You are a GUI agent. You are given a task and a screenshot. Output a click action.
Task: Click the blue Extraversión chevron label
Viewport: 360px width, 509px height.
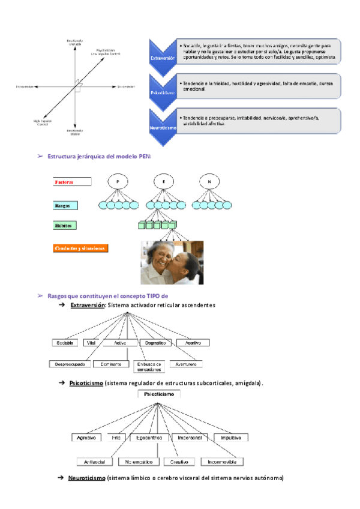(163, 58)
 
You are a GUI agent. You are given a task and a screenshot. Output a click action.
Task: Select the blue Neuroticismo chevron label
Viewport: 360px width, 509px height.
(163, 128)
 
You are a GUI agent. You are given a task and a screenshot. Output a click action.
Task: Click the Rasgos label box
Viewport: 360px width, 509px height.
(70, 205)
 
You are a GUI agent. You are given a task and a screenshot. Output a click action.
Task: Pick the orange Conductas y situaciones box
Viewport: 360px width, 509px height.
(80, 248)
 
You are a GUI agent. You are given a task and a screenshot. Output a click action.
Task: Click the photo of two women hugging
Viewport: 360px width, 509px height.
(172, 262)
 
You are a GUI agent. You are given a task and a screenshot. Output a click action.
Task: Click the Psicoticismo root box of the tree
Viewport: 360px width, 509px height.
(157, 394)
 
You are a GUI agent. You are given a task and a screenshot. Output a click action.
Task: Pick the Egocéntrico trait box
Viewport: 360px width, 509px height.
(148, 438)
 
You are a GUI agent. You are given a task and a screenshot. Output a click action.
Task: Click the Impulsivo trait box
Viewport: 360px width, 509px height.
(231, 438)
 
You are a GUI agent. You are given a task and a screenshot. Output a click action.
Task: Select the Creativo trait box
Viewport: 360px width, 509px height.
(178, 462)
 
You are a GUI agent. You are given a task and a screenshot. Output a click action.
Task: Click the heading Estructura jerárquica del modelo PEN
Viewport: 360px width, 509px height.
(99, 156)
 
